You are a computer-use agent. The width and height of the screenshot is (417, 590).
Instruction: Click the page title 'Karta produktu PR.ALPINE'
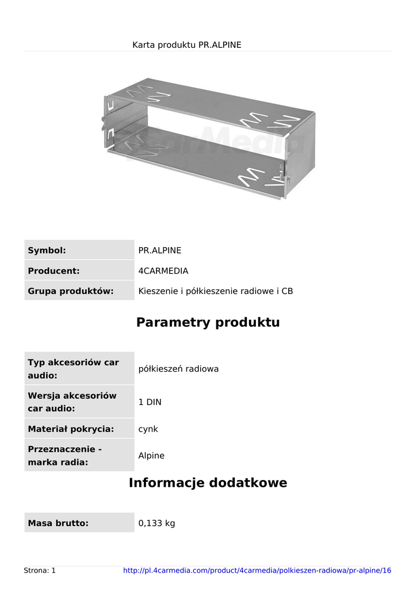pos(186,44)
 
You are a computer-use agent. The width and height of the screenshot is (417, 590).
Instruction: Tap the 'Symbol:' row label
pos(47,250)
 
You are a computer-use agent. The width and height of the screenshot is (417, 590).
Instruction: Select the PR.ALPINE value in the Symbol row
pos(160,250)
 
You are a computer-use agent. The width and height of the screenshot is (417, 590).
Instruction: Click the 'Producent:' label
pos(53,271)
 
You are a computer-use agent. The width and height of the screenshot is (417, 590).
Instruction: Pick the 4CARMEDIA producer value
pos(163,271)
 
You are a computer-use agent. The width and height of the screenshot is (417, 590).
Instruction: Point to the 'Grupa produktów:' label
pos(70,291)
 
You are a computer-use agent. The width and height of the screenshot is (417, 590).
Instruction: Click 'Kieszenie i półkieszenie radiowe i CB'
pos(216,291)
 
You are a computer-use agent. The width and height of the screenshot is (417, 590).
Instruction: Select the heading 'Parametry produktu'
pos(208,322)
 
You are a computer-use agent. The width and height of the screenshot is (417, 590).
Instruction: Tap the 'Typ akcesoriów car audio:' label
pos(73,369)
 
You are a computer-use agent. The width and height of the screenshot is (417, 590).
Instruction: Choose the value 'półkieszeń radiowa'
pos(178,369)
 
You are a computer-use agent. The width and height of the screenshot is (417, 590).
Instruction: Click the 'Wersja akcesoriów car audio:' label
pos(72,402)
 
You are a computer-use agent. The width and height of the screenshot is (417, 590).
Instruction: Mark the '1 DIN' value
pos(150,402)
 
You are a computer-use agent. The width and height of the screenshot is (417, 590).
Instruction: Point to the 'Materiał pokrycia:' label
pos(71,429)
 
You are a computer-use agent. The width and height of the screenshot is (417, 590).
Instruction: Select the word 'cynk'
pos(148,429)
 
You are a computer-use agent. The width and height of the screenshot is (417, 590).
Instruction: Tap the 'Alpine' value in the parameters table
pos(151,456)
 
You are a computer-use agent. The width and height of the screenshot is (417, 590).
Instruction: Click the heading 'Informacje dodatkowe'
pos(208,483)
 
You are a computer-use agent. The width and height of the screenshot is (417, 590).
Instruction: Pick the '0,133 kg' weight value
pos(156,523)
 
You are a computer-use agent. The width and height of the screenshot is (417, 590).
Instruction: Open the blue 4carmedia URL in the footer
pos(257,570)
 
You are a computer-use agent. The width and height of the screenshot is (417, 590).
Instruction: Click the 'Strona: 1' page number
pos(40,570)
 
